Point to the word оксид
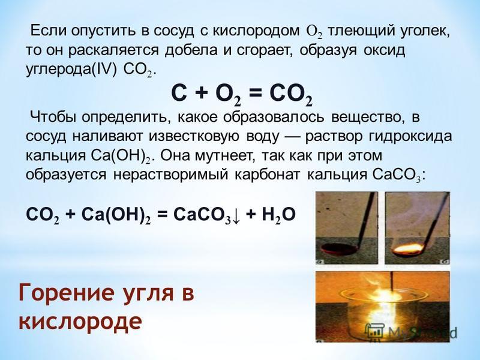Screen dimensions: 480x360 click(x=384, y=50)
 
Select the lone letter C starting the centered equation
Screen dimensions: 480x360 click(x=179, y=94)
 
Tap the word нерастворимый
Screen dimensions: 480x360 click(x=171, y=175)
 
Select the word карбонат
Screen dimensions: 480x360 click(x=268, y=175)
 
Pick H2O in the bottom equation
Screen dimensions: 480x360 click(x=278, y=215)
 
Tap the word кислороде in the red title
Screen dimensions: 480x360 click(x=80, y=322)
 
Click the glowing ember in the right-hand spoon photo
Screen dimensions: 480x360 click(x=408, y=248)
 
